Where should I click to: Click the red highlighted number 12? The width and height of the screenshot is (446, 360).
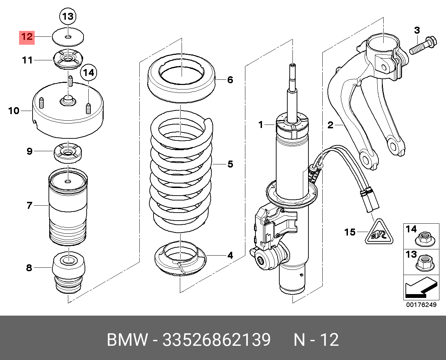tap(27, 36)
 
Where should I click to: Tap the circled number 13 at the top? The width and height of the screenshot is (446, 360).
tap(68, 16)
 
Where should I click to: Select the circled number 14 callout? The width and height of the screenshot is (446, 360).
tap(89, 73)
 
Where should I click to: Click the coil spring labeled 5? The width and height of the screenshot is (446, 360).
tap(181, 173)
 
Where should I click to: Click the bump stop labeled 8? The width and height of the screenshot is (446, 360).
tap(68, 274)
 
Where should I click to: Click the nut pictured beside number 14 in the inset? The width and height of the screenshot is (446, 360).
tap(425, 238)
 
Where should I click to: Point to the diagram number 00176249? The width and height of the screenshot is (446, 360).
tap(421, 305)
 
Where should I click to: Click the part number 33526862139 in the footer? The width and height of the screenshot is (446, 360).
tap(216, 340)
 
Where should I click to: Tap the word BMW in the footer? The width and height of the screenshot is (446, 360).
tap(127, 340)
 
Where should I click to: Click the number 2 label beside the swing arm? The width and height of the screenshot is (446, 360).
tap(330, 125)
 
